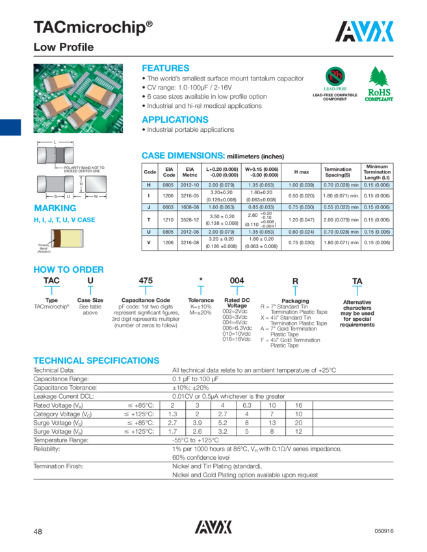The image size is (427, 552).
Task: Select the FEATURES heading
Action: (x=166, y=68)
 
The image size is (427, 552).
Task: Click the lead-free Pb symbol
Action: (x=335, y=77)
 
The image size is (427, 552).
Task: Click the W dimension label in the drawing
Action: (x=96, y=195)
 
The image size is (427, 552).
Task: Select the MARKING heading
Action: (x=55, y=208)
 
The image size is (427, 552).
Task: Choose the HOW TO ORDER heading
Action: (x=68, y=270)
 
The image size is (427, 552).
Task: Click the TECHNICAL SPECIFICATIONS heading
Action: (x=96, y=360)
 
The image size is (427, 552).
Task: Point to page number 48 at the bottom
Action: (x=38, y=531)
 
